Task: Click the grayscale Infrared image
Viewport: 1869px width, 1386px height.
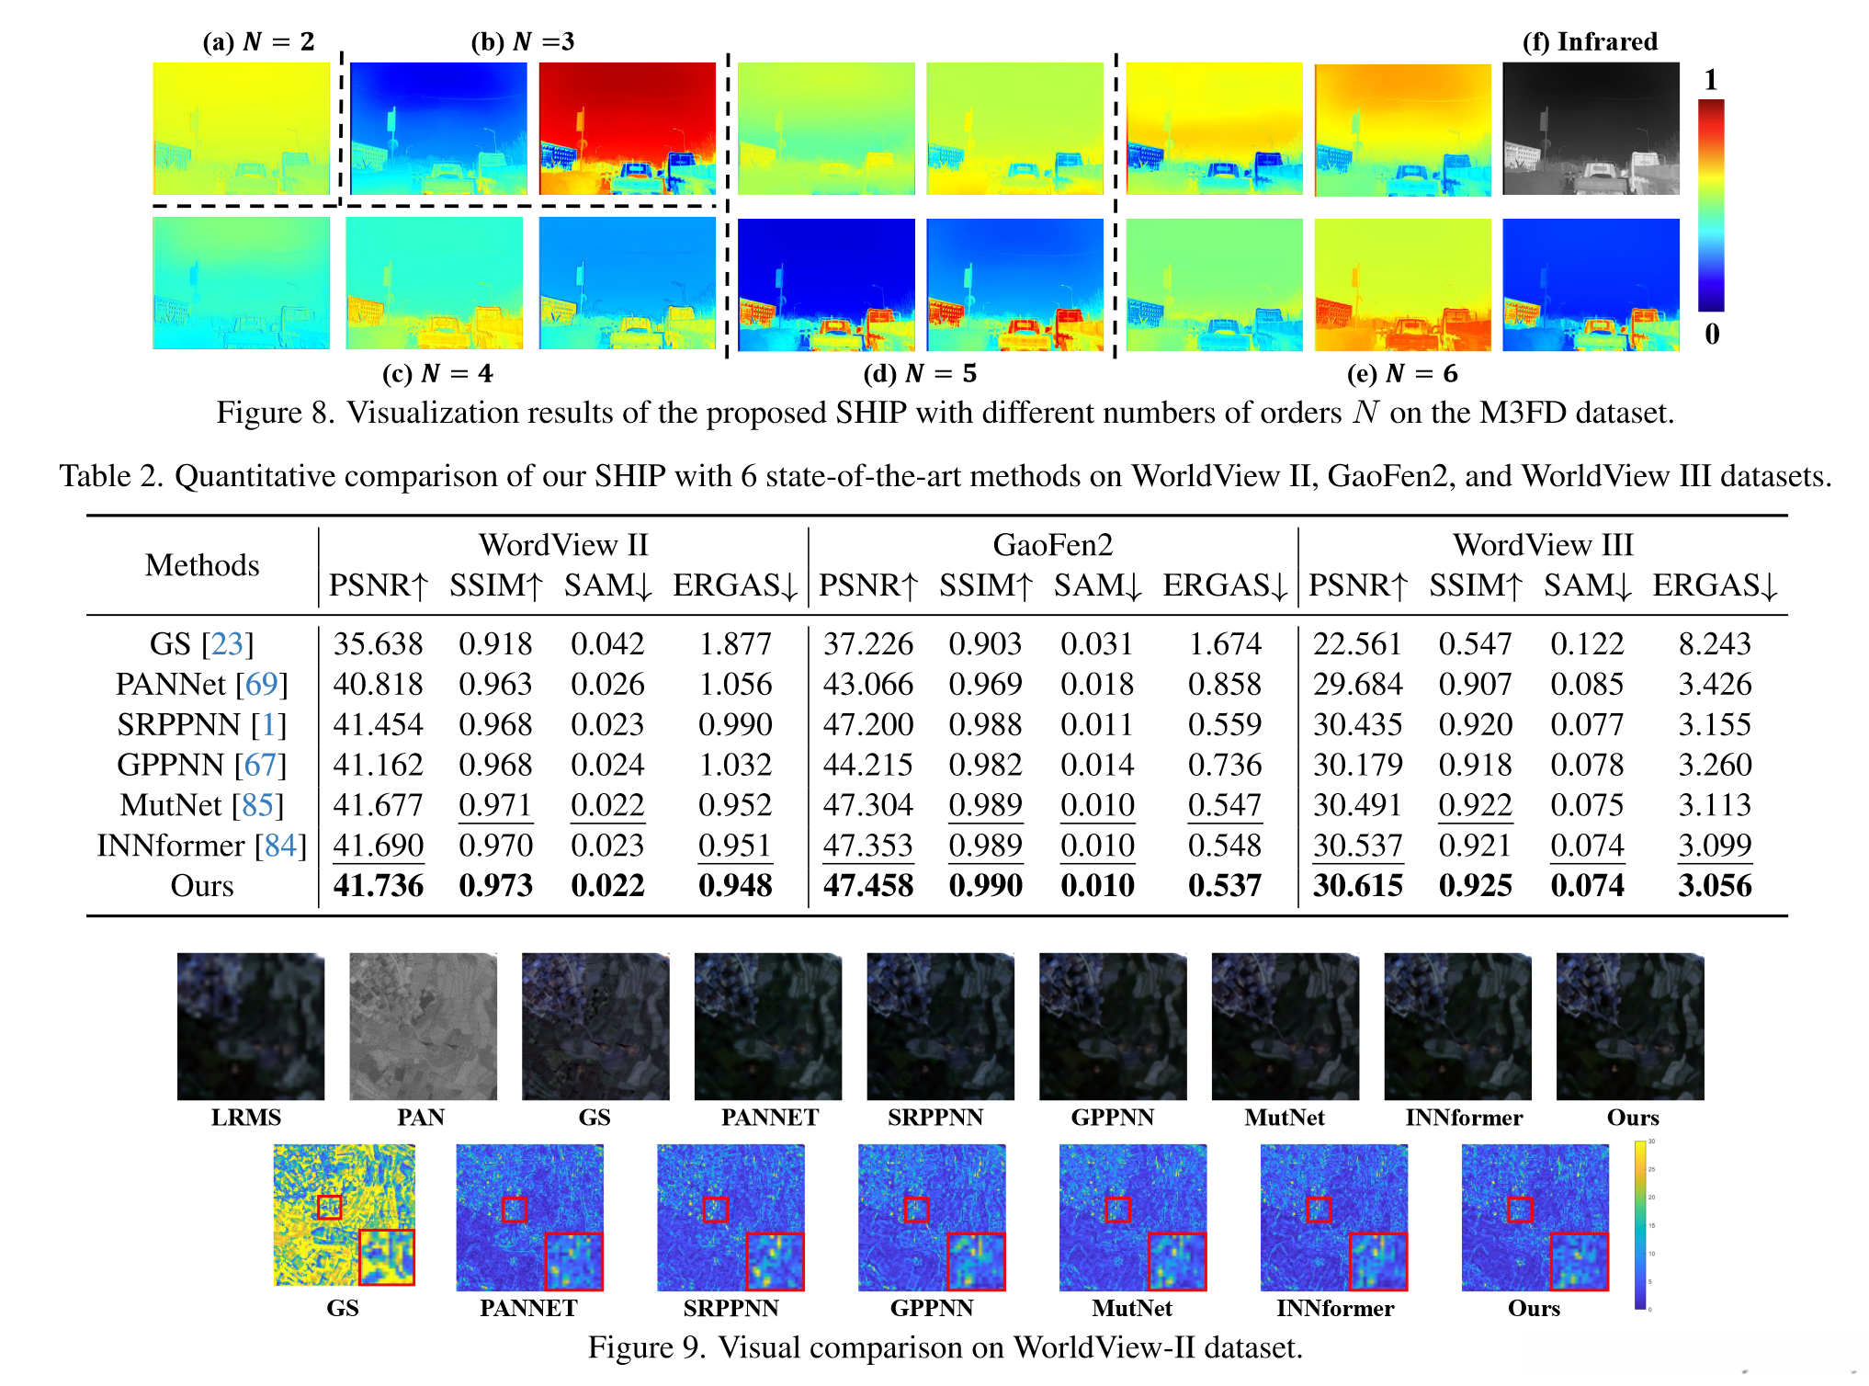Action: [1590, 129]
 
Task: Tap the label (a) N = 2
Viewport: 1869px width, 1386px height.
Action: [258, 41]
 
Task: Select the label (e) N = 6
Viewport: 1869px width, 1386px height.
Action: [1401, 373]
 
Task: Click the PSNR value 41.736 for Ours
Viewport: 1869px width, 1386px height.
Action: [378, 885]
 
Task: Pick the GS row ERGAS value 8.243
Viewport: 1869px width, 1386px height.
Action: [1714, 643]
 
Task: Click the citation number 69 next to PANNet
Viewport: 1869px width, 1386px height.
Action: [261, 684]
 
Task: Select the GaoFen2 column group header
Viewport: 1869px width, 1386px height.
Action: [1052, 545]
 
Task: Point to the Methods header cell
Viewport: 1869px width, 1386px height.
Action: [202, 564]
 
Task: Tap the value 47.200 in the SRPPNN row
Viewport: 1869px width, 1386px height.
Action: [867, 724]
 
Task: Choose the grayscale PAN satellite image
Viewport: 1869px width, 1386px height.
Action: [423, 1026]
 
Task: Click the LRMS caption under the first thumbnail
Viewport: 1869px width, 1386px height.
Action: [246, 1117]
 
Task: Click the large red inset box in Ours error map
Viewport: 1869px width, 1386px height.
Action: [1579, 1261]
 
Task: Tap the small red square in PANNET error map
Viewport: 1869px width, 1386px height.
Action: [514, 1210]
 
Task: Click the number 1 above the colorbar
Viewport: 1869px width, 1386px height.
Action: [1710, 81]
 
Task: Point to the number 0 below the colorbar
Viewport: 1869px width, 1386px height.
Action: [1711, 334]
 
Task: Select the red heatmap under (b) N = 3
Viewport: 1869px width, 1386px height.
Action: [627, 129]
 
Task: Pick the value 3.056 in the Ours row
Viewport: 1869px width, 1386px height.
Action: [1714, 885]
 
